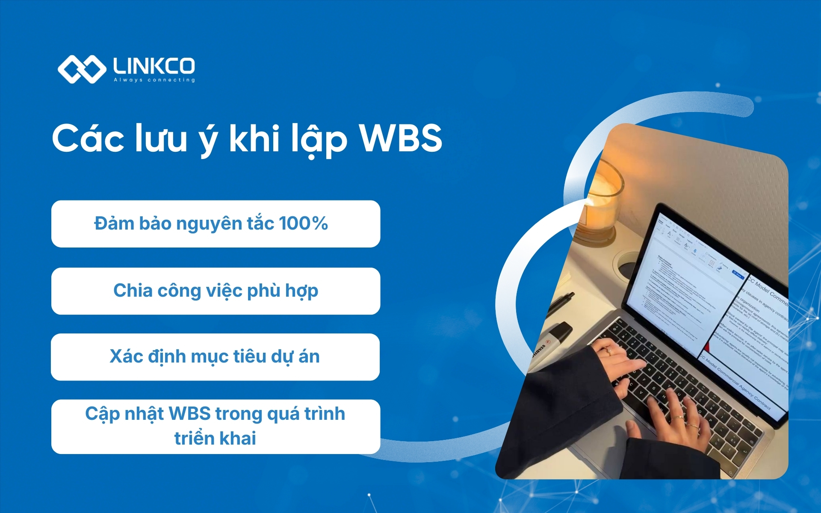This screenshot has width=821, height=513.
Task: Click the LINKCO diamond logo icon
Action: coord(81,69)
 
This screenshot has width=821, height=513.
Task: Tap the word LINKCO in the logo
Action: coord(154,66)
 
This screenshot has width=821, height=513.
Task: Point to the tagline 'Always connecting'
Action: coord(154,80)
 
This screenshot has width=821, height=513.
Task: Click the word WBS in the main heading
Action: coord(400,139)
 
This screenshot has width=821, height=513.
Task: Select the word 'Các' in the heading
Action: coord(88,139)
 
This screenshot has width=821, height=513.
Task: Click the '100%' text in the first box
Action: coord(303,223)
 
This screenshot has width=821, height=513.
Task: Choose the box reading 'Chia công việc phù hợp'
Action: coord(216,291)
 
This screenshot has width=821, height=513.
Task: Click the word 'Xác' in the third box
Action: coord(126,357)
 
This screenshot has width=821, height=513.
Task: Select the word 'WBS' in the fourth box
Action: coord(190,414)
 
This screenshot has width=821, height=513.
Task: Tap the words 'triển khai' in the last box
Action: coord(215,439)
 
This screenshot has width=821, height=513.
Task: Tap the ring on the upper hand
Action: coord(608,351)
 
